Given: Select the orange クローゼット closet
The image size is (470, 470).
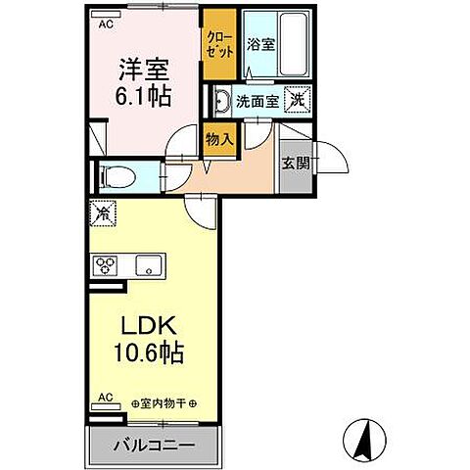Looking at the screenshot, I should pyautogui.click(x=218, y=44).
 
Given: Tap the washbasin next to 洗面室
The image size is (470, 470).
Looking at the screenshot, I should pyautogui.click(x=221, y=101).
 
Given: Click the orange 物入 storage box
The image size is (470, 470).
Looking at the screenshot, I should pyautogui.click(x=219, y=140).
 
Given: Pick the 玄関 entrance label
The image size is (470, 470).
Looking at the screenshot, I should pyautogui.click(x=295, y=163).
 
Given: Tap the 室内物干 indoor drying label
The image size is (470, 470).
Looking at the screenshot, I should pyautogui.click(x=164, y=403).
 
